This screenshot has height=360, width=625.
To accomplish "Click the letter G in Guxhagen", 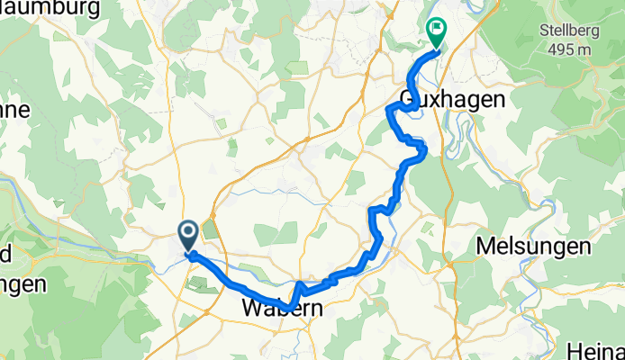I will coord(407,100).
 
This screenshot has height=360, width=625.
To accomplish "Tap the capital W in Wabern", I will coord(252,309).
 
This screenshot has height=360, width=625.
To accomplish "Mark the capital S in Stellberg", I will coord(544,28).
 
